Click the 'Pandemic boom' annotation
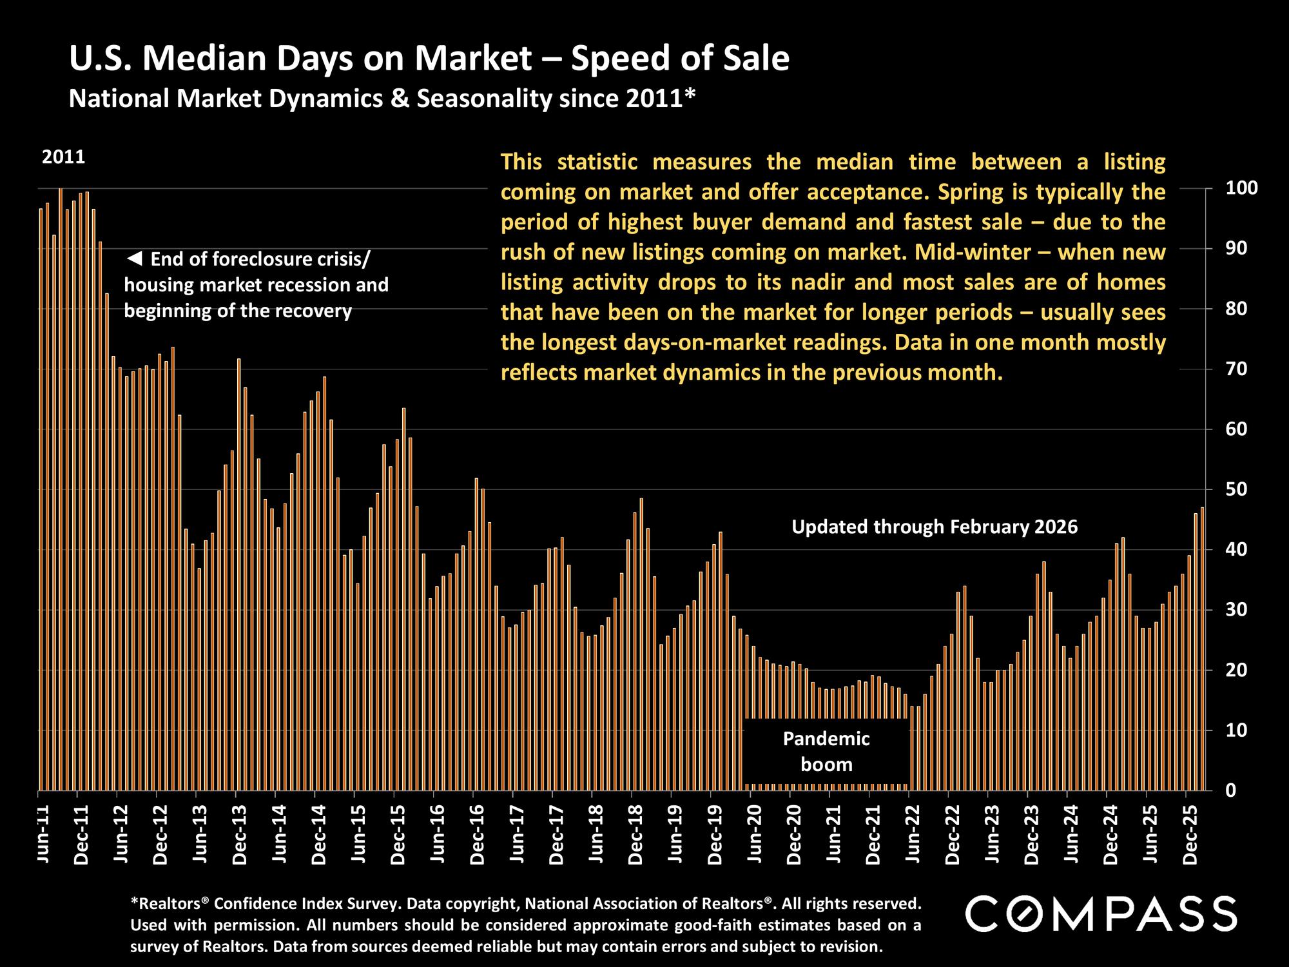click(x=826, y=752)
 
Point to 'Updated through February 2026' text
click(x=934, y=527)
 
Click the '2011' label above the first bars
click(x=63, y=157)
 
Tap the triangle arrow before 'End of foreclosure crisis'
click(x=134, y=259)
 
